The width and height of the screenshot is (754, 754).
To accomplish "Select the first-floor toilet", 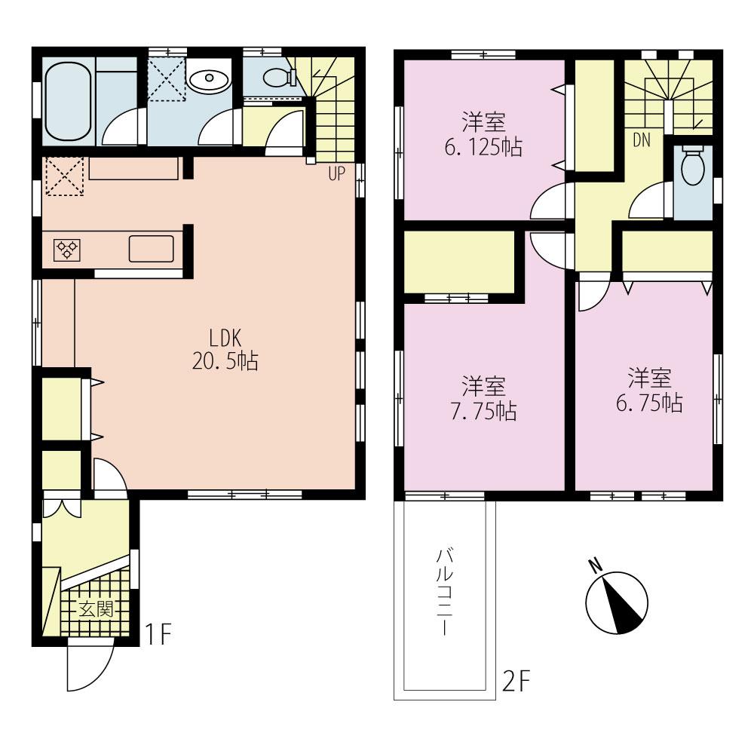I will tap(278, 76).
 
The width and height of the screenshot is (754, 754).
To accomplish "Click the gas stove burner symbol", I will tap(66, 249).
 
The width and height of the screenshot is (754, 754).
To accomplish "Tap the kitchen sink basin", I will tap(151, 248).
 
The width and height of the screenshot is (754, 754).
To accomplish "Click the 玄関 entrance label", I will tap(96, 609).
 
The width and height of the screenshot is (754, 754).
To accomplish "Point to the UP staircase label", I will tap(336, 174).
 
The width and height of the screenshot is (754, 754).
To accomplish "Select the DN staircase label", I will tap(642, 139).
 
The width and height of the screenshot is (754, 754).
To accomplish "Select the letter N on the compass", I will tap(595, 565).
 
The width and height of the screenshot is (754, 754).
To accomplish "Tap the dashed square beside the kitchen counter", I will tap(64, 176).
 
